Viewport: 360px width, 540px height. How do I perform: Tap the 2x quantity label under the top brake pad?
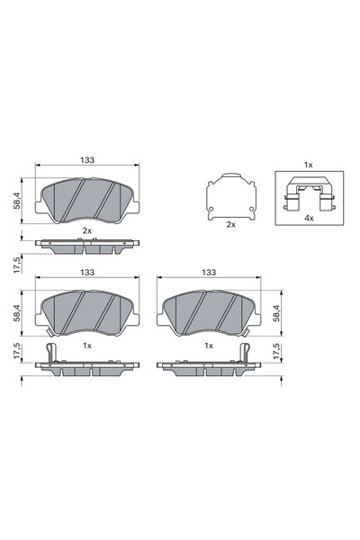click(87, 231)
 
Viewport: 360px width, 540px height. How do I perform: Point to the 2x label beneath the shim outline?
click(230, 223)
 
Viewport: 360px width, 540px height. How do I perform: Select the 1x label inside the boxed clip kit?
click(308, 165)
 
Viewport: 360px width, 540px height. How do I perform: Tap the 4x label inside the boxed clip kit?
click(308, 219)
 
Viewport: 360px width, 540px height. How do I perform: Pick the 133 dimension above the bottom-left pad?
click(87, 272)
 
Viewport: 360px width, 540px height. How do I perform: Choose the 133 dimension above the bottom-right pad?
click(209, 272)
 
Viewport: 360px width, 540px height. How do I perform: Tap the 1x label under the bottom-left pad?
click(87, 345)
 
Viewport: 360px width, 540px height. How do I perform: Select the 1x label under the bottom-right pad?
click(209, 345)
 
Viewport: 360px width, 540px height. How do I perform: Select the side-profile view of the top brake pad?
click(87, 244)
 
